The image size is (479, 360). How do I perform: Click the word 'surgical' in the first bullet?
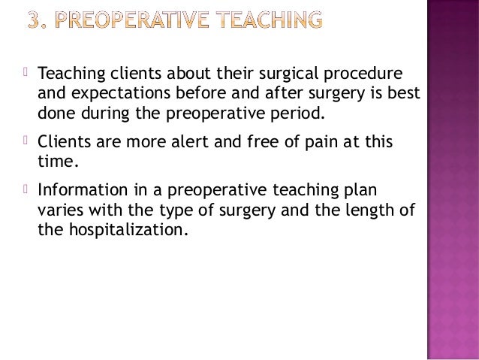[x=285, y=75]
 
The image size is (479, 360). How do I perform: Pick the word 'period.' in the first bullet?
[x=303, y=115]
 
